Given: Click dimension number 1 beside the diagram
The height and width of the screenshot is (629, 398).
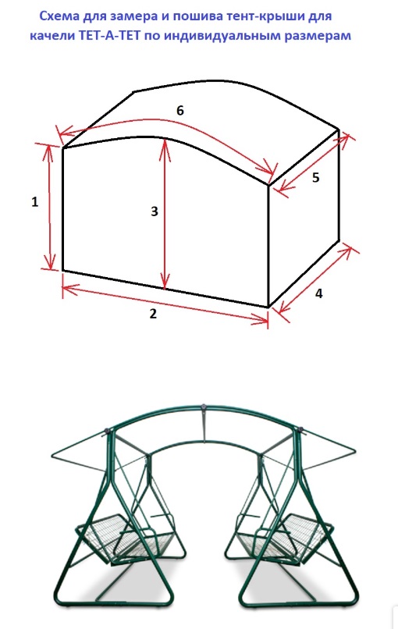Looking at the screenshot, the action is click(35, 202).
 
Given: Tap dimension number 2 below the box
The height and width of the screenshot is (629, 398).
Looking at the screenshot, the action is click(153, 314).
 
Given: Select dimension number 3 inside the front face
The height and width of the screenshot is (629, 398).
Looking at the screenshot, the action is click(155, 211).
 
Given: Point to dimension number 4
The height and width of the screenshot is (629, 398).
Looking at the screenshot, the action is click(318, 293).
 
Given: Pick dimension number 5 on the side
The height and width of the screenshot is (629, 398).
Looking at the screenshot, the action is click(316, 177).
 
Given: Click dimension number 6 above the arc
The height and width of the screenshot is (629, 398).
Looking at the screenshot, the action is click(180, 110).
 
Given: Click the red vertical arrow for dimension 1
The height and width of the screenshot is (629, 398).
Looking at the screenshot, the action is click(50, 208).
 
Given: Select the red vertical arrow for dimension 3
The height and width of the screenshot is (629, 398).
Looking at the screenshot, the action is click(165, 213).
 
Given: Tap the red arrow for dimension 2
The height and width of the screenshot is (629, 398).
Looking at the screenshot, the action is click(165, 304).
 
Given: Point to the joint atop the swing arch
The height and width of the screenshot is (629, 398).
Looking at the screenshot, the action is click(204, 407).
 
